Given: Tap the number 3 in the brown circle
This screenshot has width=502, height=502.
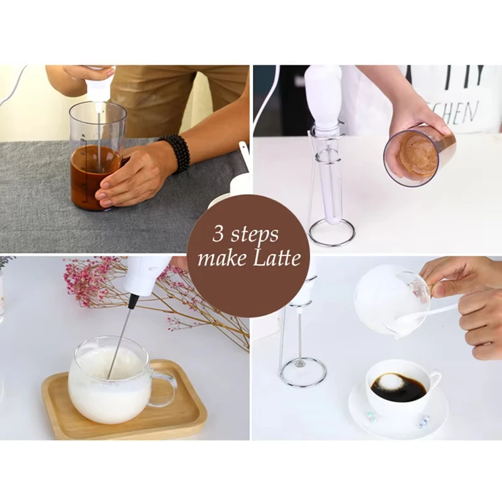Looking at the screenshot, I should click(219, 235).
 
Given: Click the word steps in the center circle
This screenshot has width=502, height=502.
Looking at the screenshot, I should click(255, 236).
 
